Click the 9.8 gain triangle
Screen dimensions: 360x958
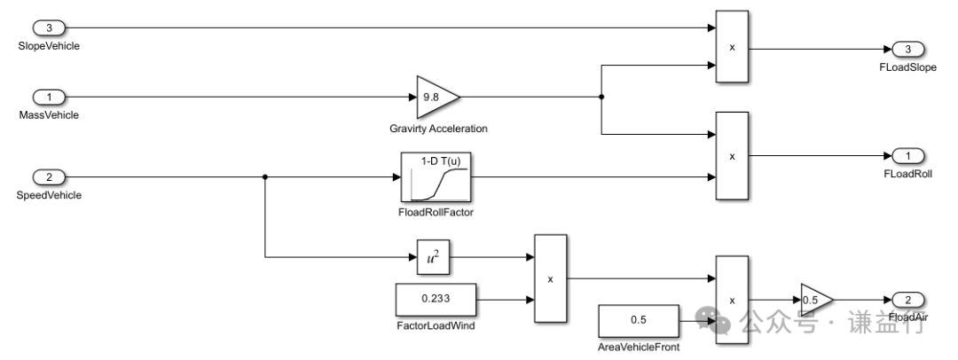click(436, 96)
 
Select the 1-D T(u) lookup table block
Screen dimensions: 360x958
click(436, 177)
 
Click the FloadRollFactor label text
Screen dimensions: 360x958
click(435, 214)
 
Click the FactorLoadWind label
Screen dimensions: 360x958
click(435, 326)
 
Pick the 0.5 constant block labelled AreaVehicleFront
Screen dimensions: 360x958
click(639, 319)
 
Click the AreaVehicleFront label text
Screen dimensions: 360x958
click(639, 347)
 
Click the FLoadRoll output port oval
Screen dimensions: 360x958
click(908, 156)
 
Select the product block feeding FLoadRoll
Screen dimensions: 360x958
click(732, 156)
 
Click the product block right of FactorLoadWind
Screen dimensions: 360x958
click(550, 278)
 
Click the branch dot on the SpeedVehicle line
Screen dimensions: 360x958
click(265, 177)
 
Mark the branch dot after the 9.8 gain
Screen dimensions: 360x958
click(602, 96)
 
